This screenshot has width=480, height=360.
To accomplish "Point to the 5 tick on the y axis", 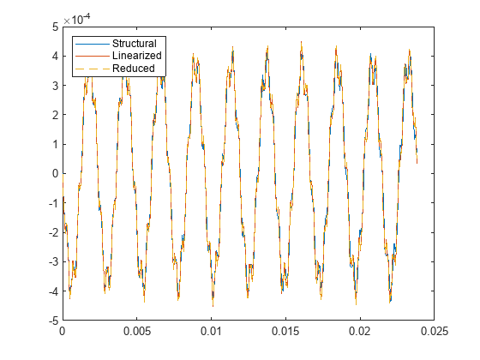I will tap(54, 27).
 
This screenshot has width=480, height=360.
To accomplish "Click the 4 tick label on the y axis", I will tap(54, 57).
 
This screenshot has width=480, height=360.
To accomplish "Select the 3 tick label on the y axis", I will tap(54, 86).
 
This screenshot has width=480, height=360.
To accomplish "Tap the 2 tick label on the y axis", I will tap(54, 115).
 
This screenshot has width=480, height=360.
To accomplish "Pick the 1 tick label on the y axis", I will tap(54, 145).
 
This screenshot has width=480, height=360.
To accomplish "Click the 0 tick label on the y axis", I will tap(54, 174).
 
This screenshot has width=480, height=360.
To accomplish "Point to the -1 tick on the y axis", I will tap(52, 203).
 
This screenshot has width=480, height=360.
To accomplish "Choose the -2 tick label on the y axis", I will tap(52, 233).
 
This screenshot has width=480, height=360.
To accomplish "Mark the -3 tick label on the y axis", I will tap(52, 262).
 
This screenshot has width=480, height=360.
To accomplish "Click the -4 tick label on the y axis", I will tap(52, 291).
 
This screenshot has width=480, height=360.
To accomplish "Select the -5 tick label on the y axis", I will tap(52, 321).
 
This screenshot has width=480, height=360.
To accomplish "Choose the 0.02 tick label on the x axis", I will tap(360, 332).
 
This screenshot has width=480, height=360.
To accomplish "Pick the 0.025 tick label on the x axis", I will tap(435, 332).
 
